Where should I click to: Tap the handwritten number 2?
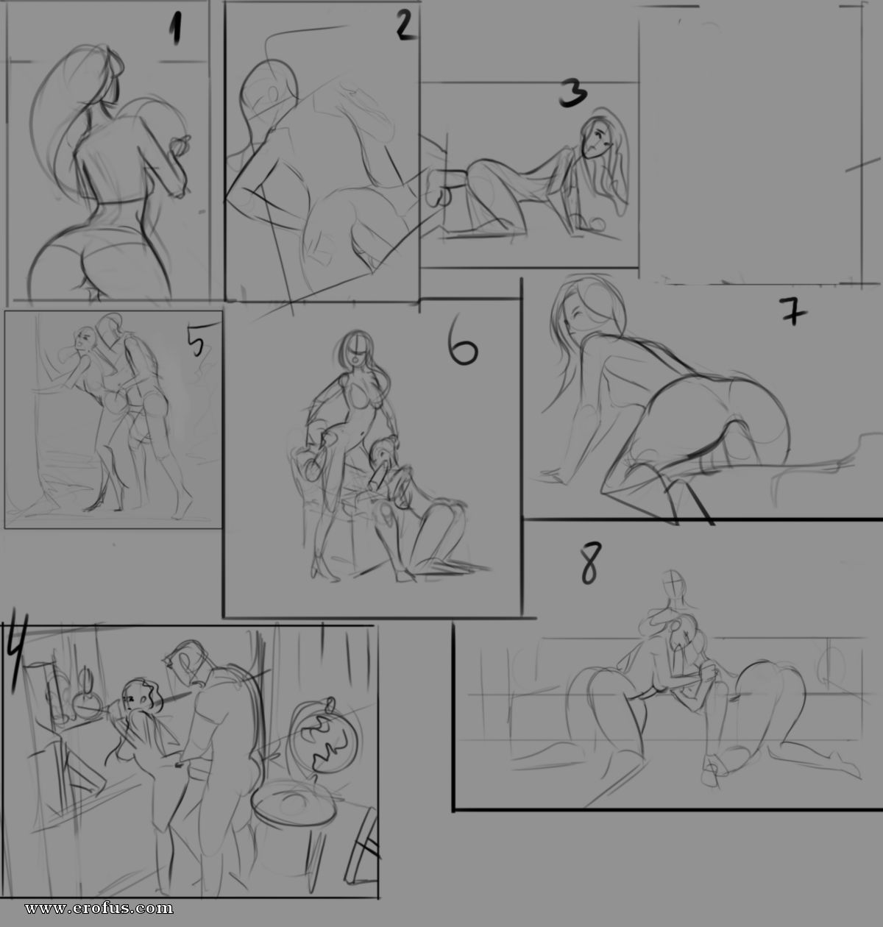(405, 24)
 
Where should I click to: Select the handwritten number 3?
(573, 93)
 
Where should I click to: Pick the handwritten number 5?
(196, 342)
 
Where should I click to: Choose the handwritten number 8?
(591, 564)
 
